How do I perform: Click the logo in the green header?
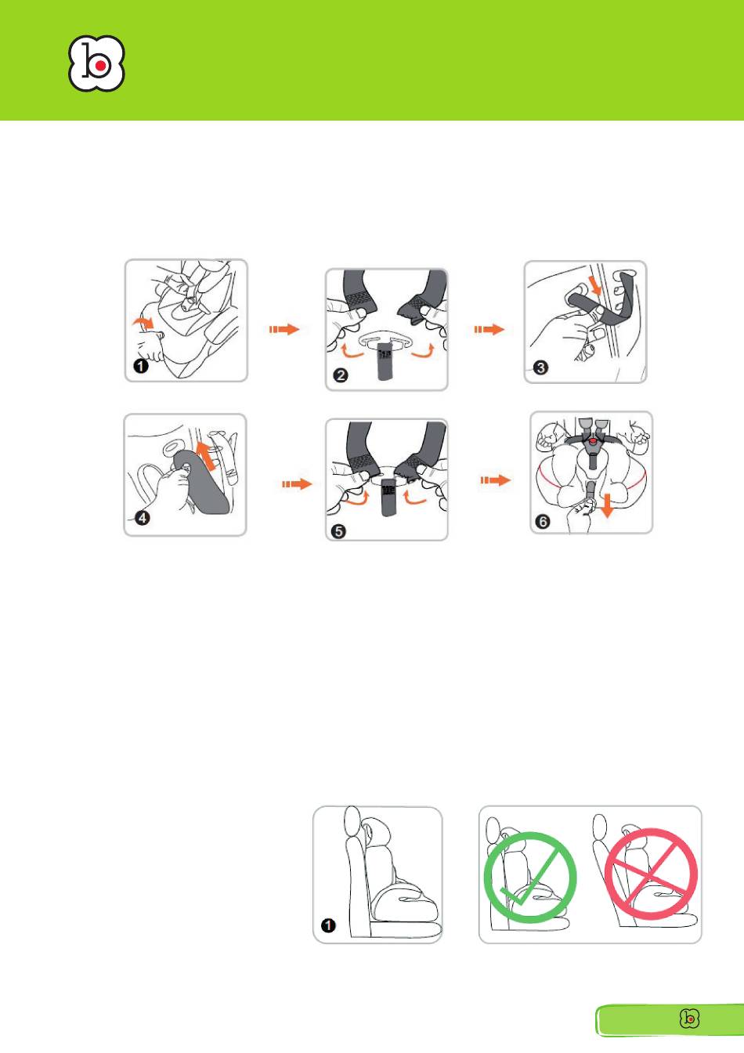pos(96,63)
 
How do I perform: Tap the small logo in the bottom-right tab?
pos(689,1019)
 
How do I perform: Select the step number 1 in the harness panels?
pos(141,366)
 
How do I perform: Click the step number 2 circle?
pos(341,375)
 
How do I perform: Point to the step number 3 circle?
pos(540,367)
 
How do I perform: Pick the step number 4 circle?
pos(143,519)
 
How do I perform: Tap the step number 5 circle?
pos(339,531)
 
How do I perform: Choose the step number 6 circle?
pos(543,521)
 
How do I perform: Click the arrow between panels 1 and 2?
pos(284,329)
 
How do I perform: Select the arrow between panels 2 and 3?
pos(489,329)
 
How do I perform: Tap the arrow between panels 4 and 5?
pos(297,483)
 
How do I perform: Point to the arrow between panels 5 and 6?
pos(496,480)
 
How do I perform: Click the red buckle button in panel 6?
pos(594,441)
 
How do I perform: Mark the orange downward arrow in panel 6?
pos(607,505)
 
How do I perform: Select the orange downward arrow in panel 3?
pos(596,285)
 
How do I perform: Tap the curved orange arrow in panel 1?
pos(143,322)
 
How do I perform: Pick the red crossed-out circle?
pos(651,874)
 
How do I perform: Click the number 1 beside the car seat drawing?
pos(328,925)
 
